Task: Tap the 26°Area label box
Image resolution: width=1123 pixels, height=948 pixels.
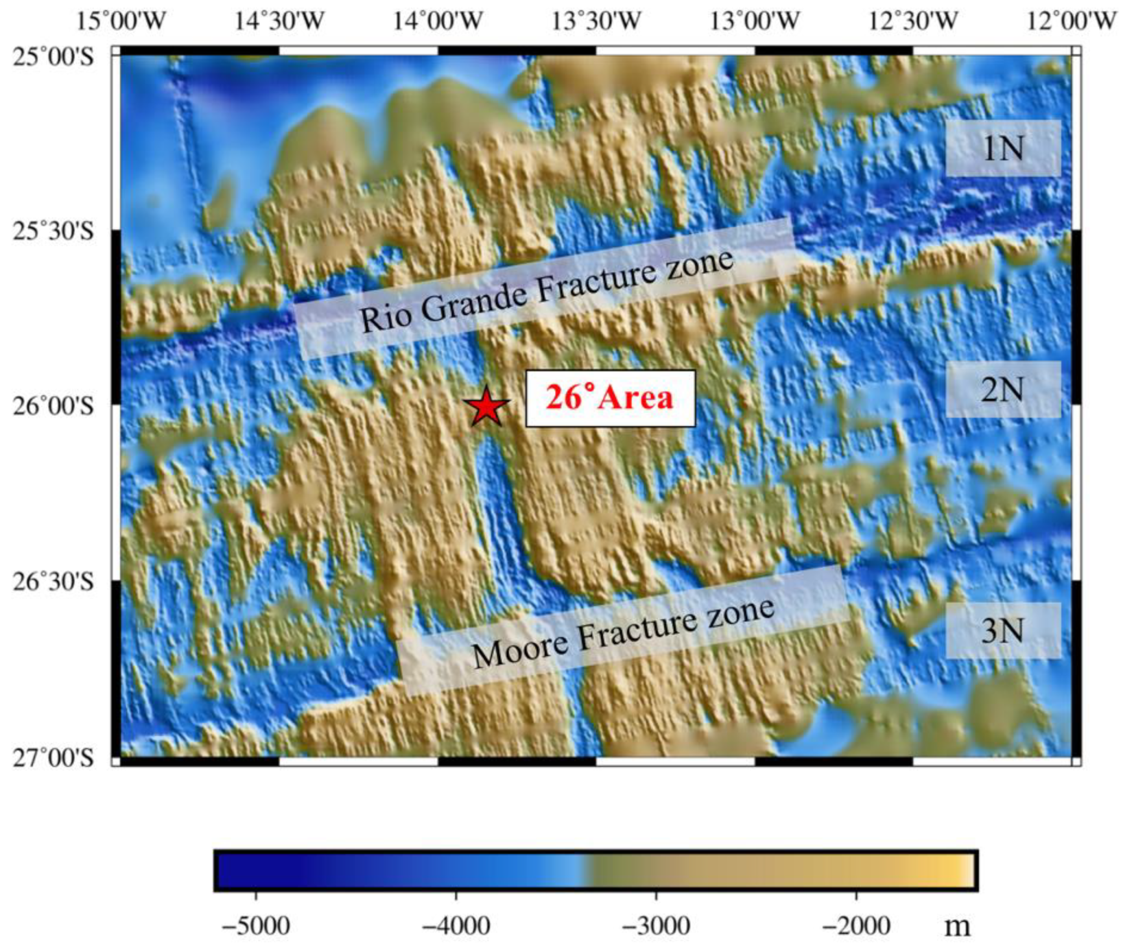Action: (610, 398)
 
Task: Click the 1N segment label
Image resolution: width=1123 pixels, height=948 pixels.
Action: (1003, 149)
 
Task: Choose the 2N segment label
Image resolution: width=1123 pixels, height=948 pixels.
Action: (1003, 390)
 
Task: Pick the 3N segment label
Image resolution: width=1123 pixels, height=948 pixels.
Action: (1003, 631)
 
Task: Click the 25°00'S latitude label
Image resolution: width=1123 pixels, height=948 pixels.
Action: (52, 56)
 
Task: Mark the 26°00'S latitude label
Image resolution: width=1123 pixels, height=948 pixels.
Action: (52, 407)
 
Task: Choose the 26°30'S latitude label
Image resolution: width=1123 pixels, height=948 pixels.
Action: (52, 582)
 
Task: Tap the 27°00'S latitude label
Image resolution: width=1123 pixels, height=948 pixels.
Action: (52, 758)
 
